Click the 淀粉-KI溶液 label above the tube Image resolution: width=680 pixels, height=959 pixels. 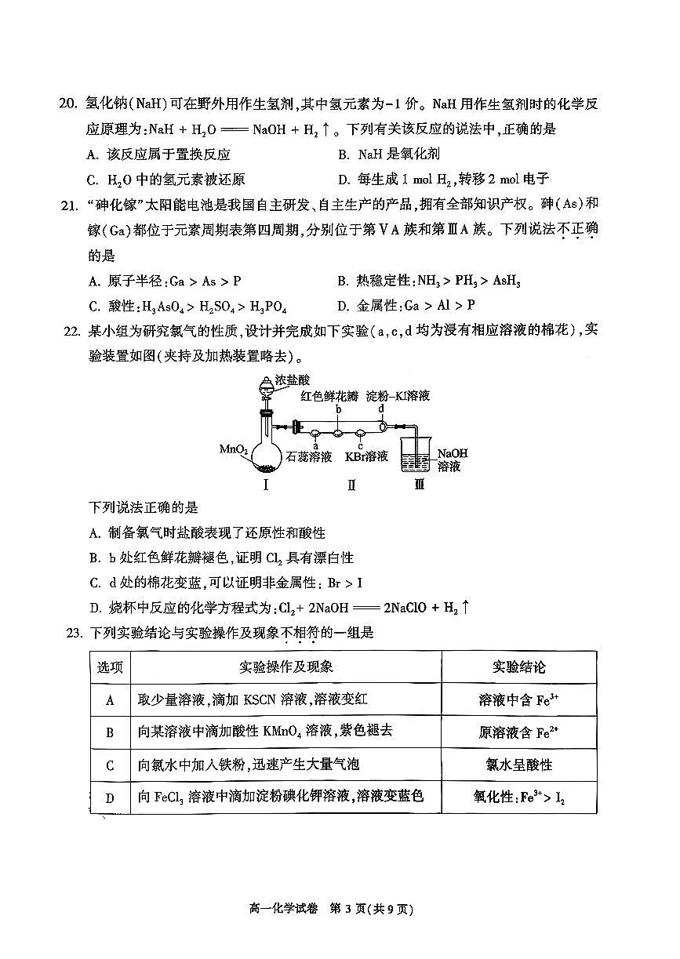pyautogui.click(x=400, y=396)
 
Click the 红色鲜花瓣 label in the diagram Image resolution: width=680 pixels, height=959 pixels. pyautogui.click(x=329, y=396)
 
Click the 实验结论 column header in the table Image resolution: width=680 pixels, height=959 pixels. pyautogui.click(x=518, y=667)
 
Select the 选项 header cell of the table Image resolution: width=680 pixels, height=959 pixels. pyautogui.click(x=110, y=667)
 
